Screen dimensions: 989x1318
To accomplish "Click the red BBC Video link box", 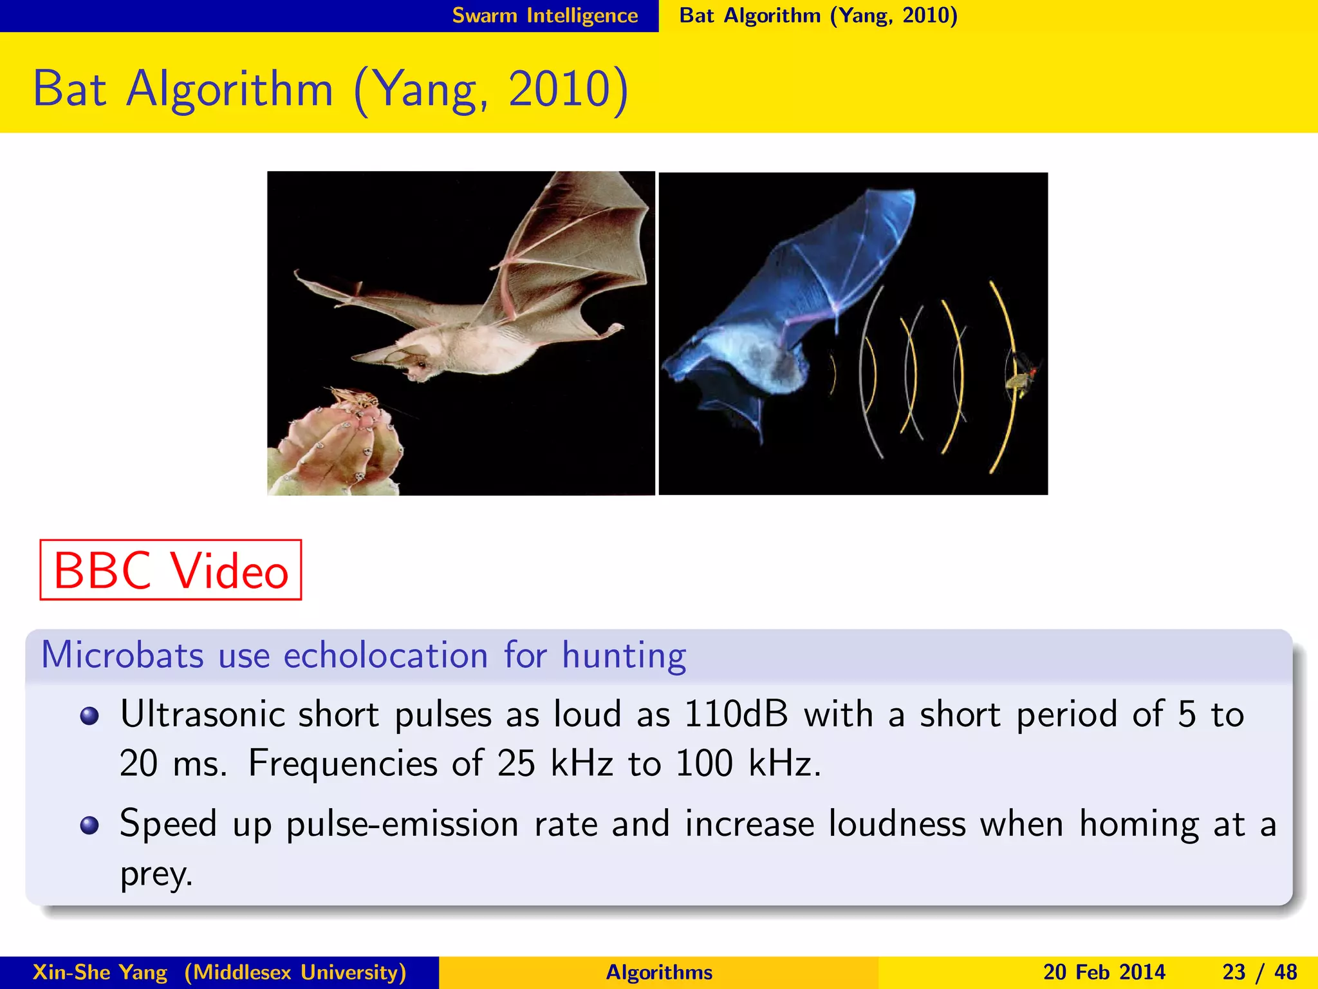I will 171,570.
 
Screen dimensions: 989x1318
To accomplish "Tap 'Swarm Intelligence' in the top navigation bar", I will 544,15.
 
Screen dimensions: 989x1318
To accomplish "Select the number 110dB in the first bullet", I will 736,714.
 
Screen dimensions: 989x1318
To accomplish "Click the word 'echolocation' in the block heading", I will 385,656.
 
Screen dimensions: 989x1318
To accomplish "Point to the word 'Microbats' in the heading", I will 122,656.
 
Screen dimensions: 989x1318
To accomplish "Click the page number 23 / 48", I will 1259,972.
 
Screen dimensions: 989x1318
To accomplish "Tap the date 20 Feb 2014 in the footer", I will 1104,972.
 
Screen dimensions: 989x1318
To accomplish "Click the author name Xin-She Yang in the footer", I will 100,972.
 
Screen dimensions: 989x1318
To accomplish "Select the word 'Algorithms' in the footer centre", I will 659,972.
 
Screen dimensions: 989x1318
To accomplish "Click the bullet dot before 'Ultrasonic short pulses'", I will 89,716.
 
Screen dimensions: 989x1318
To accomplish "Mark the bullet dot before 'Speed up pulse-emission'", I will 89,825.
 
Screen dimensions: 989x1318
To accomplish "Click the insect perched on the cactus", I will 352,398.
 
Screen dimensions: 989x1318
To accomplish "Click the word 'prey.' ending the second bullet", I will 156,874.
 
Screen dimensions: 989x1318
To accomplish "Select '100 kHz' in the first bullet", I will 748,764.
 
